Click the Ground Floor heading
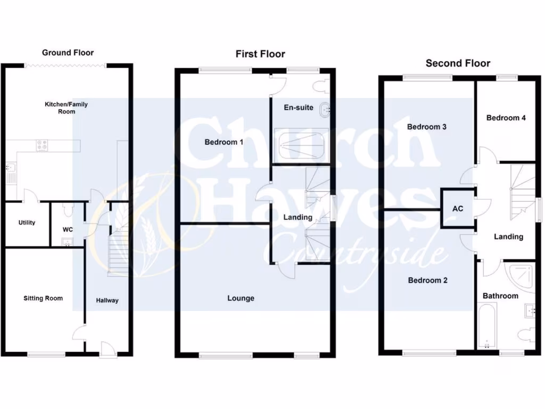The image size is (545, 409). (x=68, y=53)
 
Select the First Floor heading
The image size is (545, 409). (x=260, y=54)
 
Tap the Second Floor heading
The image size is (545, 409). (x=458, y=63)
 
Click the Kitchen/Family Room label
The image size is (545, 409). (x=66, y=108)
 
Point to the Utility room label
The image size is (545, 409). (x=27, y=223)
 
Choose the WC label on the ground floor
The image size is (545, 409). (x=67, y=230)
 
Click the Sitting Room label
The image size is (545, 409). (x=43, y=298)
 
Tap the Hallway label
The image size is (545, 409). (x=107, y=301)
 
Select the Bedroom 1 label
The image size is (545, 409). (x=224, y=142)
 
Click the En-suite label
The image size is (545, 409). (x=298, y=108)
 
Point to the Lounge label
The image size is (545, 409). (x=241, y=298)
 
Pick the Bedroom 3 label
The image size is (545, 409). (x=426, y=127)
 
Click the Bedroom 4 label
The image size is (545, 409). (x=506, y=118)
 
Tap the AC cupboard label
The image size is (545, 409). (x=458, y=209)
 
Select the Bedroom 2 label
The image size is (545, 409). (x=427, y=281)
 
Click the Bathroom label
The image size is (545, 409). (x=500, y=296)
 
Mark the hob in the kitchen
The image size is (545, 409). (x=42, y=145)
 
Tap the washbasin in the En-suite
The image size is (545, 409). (x=324, y=110)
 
